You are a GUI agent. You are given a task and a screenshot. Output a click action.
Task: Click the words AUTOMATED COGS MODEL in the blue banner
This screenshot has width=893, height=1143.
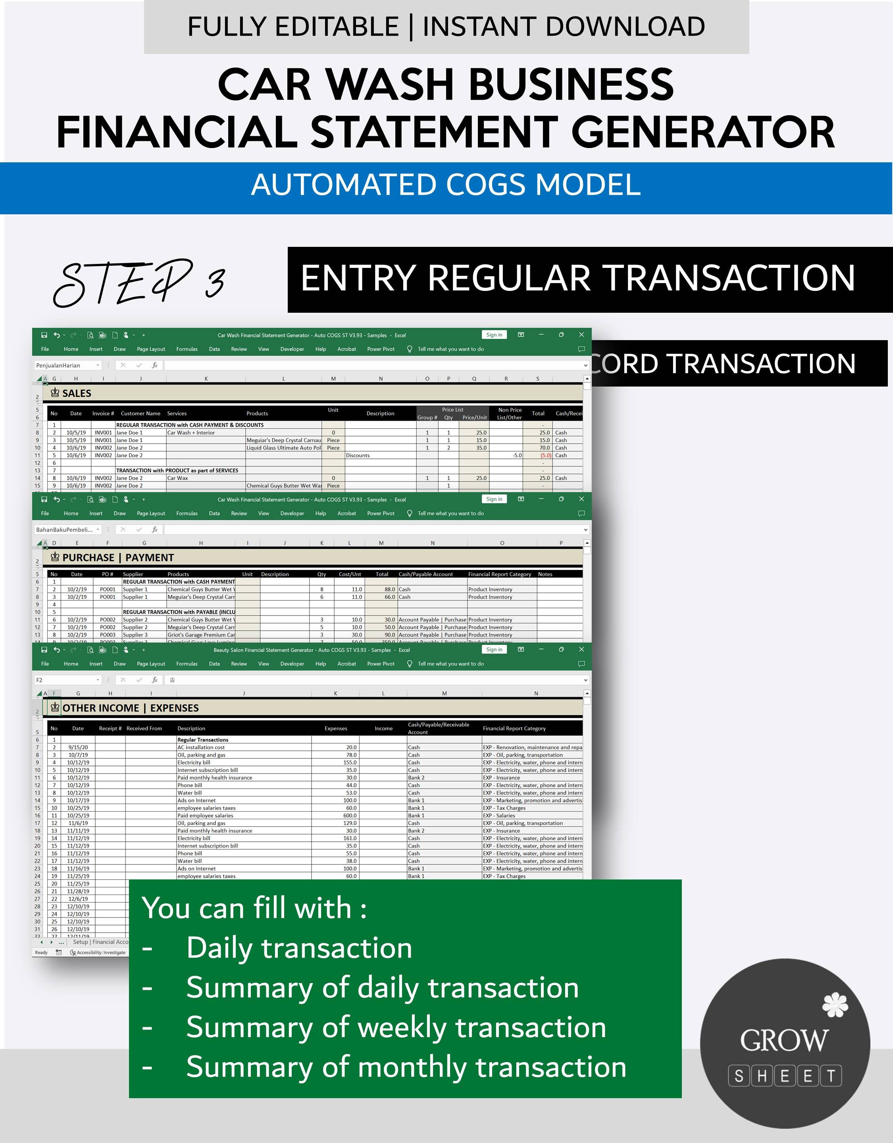tap(446, 184)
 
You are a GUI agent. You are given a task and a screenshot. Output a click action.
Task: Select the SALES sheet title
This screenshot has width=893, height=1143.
tap(77, 393)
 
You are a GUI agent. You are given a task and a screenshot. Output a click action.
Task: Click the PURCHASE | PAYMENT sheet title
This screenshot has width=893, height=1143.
tap(118, 557)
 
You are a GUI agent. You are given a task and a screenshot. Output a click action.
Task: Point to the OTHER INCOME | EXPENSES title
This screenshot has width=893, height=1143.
tap(130, 708)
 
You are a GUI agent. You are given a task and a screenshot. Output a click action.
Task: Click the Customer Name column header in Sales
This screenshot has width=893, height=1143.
tap(140, 414)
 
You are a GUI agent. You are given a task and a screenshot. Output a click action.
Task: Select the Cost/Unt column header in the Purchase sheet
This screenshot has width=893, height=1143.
tap(350, 574)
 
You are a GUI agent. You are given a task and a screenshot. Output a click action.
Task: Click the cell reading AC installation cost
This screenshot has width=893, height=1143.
tap(201, 747)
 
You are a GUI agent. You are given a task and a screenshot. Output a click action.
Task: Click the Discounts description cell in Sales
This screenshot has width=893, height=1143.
tap(358, 455)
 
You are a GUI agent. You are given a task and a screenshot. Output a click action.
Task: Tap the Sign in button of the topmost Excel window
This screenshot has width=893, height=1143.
tap(494, 335)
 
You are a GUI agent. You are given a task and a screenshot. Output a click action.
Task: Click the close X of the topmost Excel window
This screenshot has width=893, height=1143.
tap(581, 335)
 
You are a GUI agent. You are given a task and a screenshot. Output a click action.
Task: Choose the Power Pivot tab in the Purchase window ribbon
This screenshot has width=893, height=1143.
tap(381, 514)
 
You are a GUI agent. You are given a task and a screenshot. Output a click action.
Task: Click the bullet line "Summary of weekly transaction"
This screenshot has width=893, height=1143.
tap(396, 1028)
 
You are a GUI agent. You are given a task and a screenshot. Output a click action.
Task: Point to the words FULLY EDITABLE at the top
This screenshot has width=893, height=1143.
tap(293, 27)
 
